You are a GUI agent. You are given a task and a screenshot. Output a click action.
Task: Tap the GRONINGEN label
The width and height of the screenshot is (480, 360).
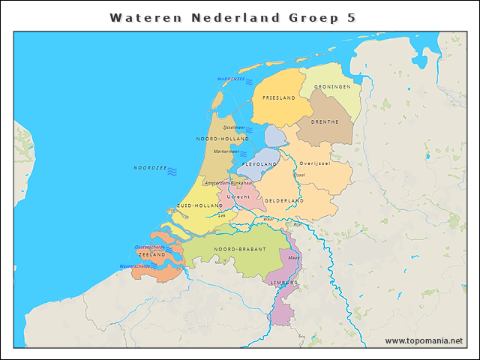click(332, 87)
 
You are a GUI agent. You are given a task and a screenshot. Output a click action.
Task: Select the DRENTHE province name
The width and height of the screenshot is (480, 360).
click(325, 121)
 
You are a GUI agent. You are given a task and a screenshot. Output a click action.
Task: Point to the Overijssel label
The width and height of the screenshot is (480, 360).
click(314, 163)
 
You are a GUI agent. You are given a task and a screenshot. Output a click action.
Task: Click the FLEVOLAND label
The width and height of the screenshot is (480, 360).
click(259, 163)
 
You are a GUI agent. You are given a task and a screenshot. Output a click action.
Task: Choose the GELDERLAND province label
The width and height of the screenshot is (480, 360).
click(284, 201)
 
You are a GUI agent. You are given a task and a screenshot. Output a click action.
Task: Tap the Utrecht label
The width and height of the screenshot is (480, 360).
click(238, 196)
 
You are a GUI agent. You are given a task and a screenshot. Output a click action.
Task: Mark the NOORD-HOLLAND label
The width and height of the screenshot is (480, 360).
click(222, 139)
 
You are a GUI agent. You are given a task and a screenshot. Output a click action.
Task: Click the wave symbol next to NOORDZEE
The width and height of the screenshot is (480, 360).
click(172, 172)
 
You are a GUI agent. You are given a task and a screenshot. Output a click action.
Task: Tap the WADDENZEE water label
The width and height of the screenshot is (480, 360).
click(231, 79)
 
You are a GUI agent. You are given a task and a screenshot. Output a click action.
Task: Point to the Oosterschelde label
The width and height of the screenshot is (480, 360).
click(149, 246)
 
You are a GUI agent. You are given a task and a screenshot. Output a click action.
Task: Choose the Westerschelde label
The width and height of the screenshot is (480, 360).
click(135, 266)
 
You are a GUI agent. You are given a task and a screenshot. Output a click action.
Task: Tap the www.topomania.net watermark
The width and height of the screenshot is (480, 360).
click(424, 341)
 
